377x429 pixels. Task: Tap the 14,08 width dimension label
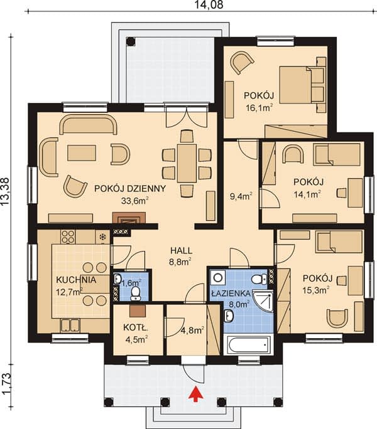209,4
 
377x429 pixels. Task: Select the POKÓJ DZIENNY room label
130,189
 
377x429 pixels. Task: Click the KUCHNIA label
76,280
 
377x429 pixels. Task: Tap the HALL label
181,250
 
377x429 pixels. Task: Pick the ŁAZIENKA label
231,294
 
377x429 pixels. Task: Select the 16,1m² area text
259,107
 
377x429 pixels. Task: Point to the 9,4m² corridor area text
241,196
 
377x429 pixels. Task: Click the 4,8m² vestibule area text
192,331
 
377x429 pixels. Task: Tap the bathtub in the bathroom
249,345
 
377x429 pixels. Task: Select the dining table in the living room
187,163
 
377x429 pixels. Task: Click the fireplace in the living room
129,218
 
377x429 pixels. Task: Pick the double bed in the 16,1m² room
302,85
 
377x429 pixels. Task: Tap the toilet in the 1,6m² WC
135,292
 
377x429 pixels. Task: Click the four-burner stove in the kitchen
68,237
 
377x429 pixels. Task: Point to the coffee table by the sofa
82,153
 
